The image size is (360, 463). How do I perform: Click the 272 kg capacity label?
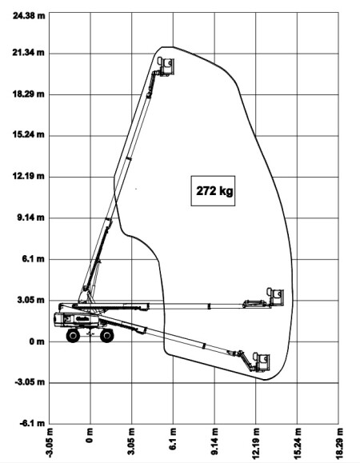[214, 191]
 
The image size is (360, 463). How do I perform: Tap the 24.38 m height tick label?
[29, 15]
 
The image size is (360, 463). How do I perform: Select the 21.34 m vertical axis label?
[29, 53]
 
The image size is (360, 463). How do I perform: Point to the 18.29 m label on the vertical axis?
[29, 94]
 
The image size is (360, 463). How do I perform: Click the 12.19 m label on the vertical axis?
[29, 176]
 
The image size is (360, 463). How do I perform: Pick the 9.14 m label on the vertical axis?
[31, 218]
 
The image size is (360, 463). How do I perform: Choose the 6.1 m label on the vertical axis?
[34, 259]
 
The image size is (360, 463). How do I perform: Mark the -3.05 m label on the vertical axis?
[30, 382]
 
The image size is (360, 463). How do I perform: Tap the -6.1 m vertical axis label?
[33, 424]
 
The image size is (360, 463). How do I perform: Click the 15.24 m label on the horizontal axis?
[298, 441]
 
